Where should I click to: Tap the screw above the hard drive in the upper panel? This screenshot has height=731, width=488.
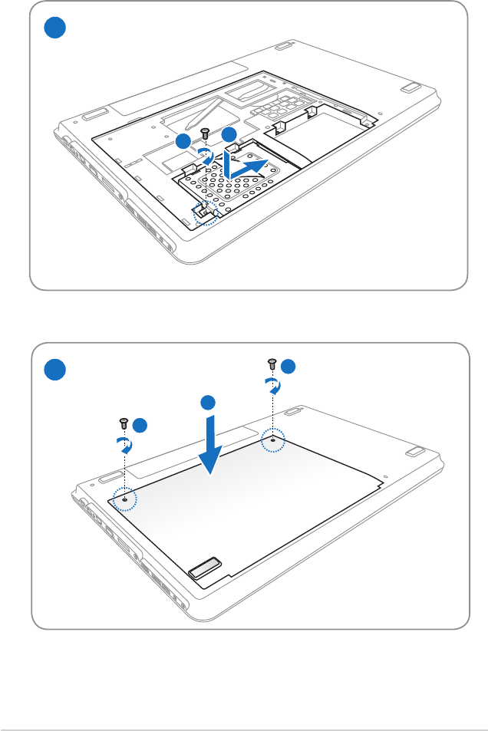click(x=205, y=133)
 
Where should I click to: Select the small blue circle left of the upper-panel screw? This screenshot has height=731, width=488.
click(x=182, y=141)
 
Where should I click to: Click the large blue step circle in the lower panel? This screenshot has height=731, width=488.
click(x=54, y=370)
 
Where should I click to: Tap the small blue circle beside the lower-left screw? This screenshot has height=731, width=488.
click(x=139, y=426)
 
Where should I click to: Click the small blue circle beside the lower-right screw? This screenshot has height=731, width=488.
click(x=288, y=367)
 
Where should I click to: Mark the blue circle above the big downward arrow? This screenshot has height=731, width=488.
click(x=207, y=403)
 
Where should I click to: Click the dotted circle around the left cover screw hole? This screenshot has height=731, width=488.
click(x=124, y=498)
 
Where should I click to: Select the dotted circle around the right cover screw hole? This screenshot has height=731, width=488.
click(x=272, y=441)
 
